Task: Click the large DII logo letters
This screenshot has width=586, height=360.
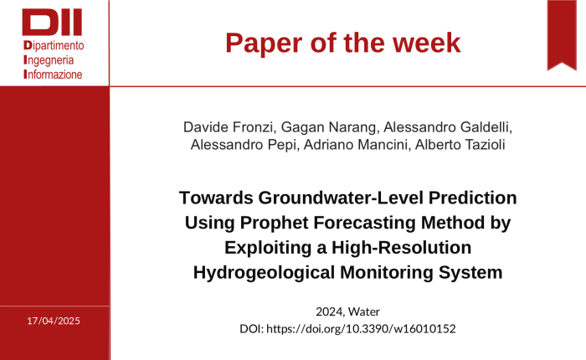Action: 52,23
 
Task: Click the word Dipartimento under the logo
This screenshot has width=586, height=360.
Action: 54,45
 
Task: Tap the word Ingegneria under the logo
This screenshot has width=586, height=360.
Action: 49,60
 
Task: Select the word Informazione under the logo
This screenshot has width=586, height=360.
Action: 53,75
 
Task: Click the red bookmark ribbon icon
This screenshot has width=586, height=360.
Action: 562,35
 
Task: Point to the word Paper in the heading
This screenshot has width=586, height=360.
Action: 264,43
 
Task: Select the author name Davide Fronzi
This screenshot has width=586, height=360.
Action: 228,127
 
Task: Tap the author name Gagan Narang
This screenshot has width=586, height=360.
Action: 328,127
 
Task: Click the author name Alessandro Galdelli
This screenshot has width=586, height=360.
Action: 446,127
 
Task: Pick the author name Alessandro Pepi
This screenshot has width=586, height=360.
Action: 244,144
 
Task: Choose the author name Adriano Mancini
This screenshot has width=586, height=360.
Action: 355,144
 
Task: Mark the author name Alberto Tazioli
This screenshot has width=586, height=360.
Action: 460,144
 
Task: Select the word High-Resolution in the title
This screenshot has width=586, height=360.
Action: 401,248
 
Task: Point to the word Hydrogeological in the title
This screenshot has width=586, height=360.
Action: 264,273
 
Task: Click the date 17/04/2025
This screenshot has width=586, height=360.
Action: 54,321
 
